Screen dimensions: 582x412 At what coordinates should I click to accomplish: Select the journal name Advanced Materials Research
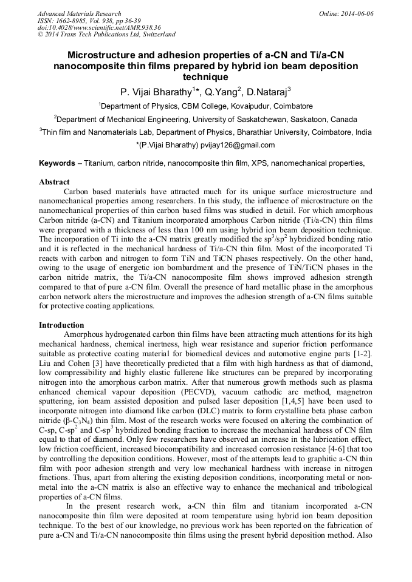coord(79,13)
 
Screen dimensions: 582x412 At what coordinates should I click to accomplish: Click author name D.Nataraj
coord(266,92)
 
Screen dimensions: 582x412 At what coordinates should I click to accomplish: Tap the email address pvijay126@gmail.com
coord(240,145)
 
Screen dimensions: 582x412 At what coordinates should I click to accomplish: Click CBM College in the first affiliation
coord(205,106)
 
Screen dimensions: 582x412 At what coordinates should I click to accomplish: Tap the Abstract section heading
coord(54,182)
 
